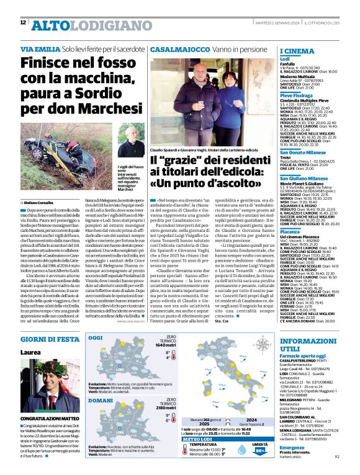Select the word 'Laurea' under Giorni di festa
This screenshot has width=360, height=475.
tap(30, 352)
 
